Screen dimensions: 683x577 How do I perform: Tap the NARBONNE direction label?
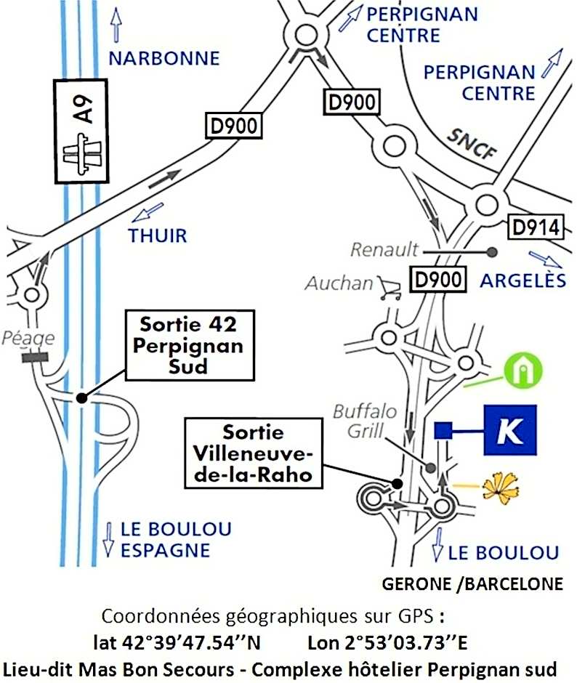click(164, 58)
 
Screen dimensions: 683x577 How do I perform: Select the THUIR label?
click(158, 235)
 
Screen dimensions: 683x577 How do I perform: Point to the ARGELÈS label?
click(524, 280)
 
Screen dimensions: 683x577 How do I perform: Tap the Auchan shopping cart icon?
click(389, 288)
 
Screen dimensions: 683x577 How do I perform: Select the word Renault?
click(384, 250)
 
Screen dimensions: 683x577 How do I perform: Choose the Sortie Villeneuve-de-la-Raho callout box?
click(253, 453)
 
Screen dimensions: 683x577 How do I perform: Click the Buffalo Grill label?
click(365, 421)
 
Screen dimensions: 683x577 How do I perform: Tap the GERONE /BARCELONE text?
click(472, 583)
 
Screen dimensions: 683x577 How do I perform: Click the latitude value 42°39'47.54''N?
click(177, 642)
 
